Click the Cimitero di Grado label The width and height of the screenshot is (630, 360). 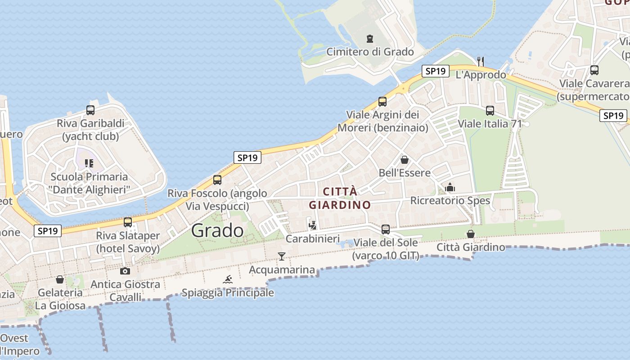coord(370,52)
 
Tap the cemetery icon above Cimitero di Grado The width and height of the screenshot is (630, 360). coord(370,39)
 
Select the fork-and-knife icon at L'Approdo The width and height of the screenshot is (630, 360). coord(481,61)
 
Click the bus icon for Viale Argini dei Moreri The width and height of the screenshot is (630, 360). coord(382,102)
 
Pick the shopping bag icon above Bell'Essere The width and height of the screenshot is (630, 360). coord(405,160)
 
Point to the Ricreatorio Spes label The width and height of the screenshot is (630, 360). coord(450,200)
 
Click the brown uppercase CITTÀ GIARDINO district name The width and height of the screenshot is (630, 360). coord(340,198)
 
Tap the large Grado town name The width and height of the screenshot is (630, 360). coord(217,230)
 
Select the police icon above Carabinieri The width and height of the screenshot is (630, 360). coord(313,225)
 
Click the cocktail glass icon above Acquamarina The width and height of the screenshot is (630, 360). coord(282,256)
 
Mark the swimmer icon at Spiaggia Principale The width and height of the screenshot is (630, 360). coord(228,279)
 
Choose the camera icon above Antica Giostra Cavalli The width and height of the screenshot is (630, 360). coord(125,271)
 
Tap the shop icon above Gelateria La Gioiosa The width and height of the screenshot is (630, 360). coord(60,279)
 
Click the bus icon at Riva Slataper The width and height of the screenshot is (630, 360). coord(128,222)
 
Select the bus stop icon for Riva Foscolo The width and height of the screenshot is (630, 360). coord(217,180)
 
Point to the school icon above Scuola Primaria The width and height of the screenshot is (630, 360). coord(89,163)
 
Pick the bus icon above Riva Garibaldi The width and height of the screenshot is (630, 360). coord(90,110)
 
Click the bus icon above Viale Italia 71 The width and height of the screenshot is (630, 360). coord(490,110)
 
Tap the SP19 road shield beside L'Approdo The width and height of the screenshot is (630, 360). coord(436,71)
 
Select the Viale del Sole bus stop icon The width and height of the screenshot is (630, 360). coord(386,229)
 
